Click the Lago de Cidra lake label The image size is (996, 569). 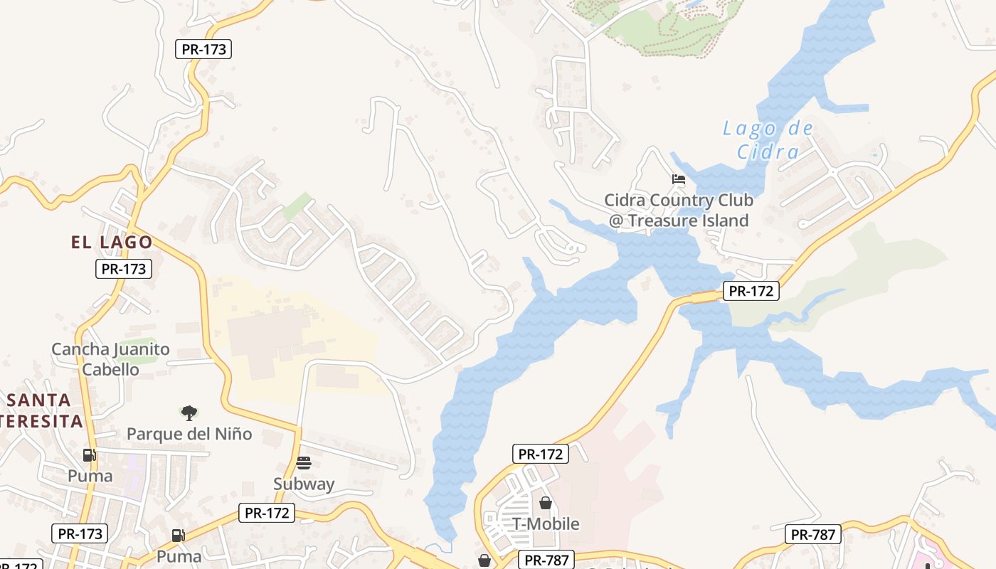[x=768, y=140]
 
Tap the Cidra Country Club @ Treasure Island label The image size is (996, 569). [x=679, y=211]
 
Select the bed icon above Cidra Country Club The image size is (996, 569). [x=679, y=179]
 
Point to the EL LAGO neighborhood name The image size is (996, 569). [x=112, y=242]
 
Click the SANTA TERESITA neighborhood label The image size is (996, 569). [x=41, y=410]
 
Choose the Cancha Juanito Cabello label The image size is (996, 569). [x=110, y=359]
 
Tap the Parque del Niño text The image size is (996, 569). [x=189, y=434]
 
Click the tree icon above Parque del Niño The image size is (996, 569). [x=189, y=413]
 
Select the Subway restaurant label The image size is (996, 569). [x=304, y=484]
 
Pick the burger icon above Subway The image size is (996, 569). [x=304, y=463]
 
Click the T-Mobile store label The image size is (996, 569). [x=546, y=524]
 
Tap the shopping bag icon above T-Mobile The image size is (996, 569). [x=546, y=503]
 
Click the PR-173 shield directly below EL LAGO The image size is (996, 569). [x=124, y=269]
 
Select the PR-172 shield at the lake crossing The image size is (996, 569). [x=751, y=290]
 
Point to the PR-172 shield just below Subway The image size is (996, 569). [x=266, y=512]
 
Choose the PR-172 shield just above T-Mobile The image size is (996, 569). [x=541, y=454]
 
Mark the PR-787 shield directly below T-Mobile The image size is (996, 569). [x=546, y=560]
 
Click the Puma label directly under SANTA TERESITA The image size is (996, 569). [x=90, y=476]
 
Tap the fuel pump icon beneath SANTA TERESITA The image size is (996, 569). [x=89, y=455]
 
